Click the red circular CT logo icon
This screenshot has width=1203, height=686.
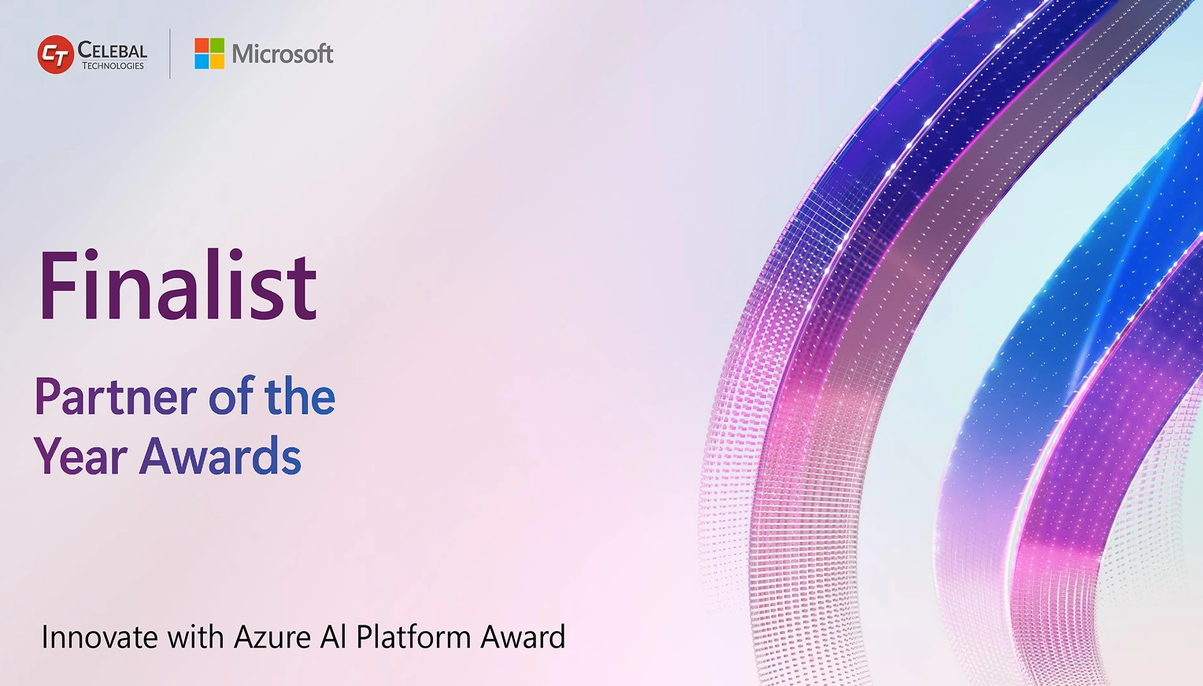pyautogui.click(x=55, y=55)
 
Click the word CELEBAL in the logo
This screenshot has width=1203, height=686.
pyautogui.click(x=113, y=50)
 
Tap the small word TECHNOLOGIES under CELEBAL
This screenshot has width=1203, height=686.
pyautogui.click(x=113, y=66)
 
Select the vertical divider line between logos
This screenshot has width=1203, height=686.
pyautogui.click(x=170, y=53)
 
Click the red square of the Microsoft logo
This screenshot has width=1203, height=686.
pyautogui.click(x=202, y=46)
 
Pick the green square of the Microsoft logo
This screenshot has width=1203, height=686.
pyautogui.click(x=217, y=46)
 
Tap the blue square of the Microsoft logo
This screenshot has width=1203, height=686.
pyautogui.click(x=202, y=61)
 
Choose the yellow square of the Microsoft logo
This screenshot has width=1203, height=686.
pyautogui.click(x=217, y=61)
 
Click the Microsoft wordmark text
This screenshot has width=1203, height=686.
pyautogui.click(x=283, y=54)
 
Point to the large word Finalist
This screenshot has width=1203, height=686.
pyautogui.click(x=178, y=286)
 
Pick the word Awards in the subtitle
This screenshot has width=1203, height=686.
pyautogui.click(x=220, y=457)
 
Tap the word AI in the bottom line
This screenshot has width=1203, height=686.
pyautogui.click(x=334, y=637)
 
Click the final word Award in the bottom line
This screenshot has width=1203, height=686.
pyautogui.click(x=523, y=637)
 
